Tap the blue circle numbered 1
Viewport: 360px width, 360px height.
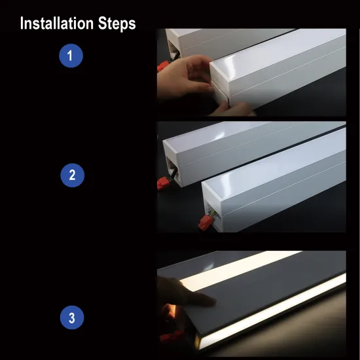(71, 56)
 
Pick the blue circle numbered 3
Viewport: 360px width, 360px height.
(71, 319)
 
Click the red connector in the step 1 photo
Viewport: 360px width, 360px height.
(162, 66)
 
